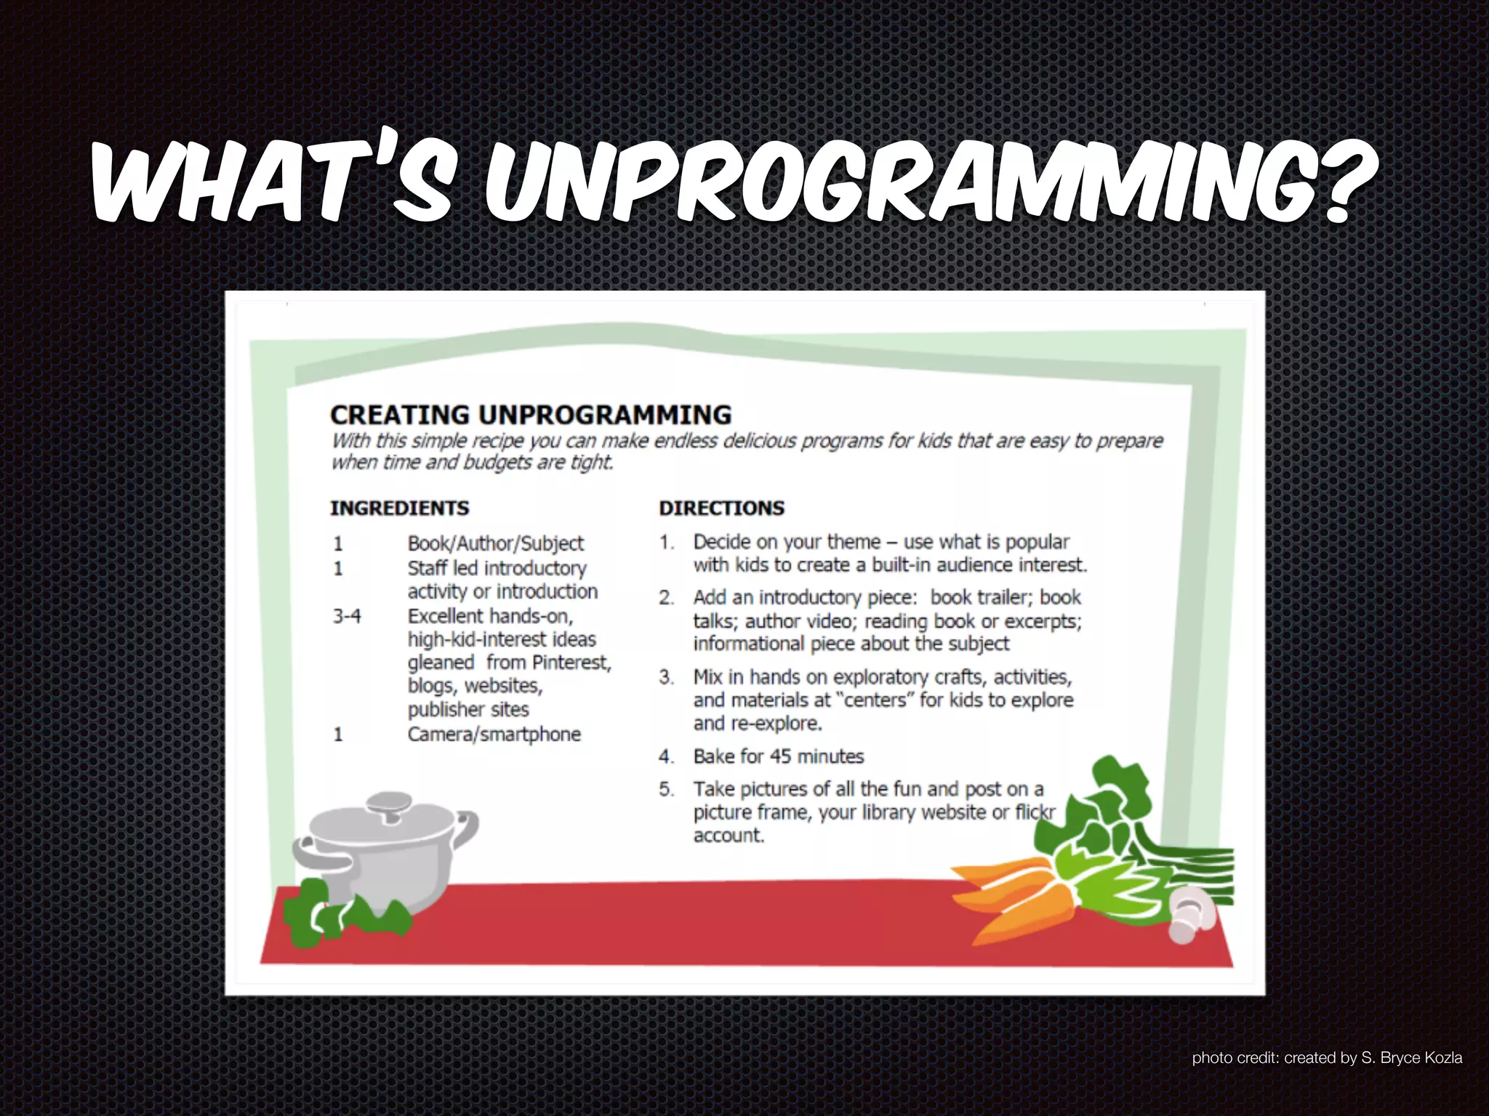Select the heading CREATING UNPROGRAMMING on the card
tap(530, 415)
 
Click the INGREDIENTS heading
tap(400, 508)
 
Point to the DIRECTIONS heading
tap(722, 508)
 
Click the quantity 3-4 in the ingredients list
tap(347, 616)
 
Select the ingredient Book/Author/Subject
tap(495, 543)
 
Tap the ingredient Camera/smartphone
tap(494, 734)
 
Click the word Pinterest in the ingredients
tap(571, 663)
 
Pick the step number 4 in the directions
tap(666, 756)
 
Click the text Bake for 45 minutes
tap(778, 756)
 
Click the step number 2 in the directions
tap(666, 597)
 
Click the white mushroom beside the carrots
tap(1189, 920)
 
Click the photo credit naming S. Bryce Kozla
tap(1326, 1058)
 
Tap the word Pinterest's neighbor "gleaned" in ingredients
tap(441, 663)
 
